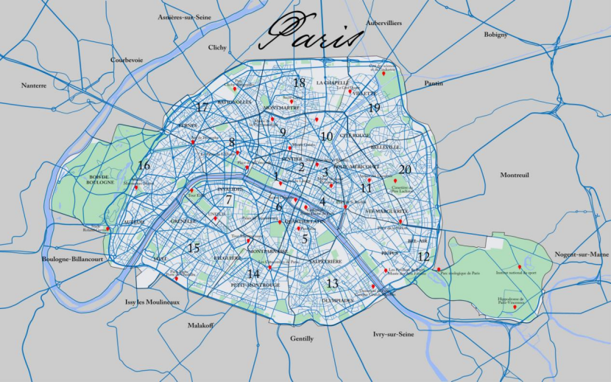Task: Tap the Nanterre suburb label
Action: coord(34,86)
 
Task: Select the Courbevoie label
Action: coord(125,60)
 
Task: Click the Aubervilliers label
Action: coord(384,24)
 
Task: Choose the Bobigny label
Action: coord(495,35)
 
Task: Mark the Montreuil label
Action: coord(515,175)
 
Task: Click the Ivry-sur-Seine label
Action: coord(394,334)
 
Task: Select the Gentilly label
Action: coord(302,338)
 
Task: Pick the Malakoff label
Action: coord(200,325)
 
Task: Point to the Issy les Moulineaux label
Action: coord(152,302)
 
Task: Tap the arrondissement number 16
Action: coord(144,166)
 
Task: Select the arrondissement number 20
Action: coord(405,169)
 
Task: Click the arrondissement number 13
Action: coord(332,283)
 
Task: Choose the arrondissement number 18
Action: coord(299,83)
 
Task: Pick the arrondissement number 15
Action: coord(194,248)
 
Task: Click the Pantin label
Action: coord(434,83)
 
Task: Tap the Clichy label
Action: coord(217,47)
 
